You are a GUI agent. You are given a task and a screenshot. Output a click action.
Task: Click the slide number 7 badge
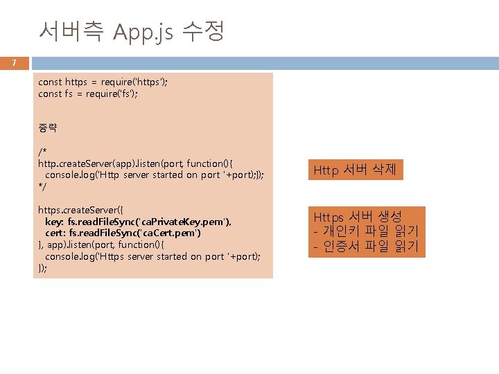coord(15,64)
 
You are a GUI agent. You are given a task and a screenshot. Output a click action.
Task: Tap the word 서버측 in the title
coord(71,31)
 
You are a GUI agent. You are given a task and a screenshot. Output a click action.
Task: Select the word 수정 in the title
coord(203,31)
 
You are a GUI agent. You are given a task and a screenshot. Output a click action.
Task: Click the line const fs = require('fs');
coord(88,93)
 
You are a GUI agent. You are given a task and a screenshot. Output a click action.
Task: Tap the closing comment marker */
coord(42,186)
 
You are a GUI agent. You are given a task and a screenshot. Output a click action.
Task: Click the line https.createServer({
coord(80,209)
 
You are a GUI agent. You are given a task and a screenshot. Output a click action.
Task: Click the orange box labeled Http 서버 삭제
coord(355,169)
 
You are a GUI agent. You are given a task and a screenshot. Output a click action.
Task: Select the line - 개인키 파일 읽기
coord(367,231)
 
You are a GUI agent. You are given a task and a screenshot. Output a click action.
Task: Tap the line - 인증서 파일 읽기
coord(367,247)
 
